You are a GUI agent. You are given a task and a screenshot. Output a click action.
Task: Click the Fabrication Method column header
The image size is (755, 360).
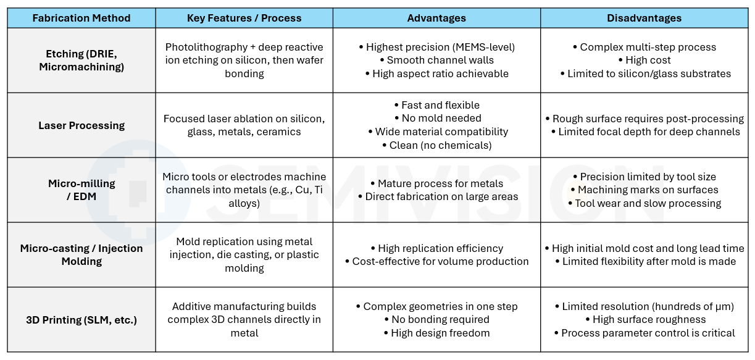coord(81,18)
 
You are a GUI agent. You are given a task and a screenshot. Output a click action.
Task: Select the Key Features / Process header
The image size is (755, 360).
coord(244,18)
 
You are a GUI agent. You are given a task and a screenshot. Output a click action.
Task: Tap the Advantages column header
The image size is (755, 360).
coord(436,18)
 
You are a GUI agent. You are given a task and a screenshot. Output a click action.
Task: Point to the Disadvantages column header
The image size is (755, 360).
coord(644,18)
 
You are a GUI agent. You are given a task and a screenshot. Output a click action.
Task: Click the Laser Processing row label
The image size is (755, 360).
coord(81,125)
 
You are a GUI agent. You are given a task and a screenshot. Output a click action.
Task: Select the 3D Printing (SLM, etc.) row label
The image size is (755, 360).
coord(81,320)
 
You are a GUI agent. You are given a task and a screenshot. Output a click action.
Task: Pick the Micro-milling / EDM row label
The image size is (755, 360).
coord(81,190)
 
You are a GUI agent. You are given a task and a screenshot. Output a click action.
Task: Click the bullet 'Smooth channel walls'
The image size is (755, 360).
coord(437,60)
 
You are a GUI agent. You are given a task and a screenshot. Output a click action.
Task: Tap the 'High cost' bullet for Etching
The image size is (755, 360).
coord(644,60)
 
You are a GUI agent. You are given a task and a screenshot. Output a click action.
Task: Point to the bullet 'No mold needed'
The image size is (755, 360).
coord(438,118)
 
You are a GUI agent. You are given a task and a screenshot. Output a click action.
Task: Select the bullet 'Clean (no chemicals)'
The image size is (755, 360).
coord(437,145)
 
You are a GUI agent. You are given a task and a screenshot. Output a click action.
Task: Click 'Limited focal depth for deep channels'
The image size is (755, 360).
coord(646,132)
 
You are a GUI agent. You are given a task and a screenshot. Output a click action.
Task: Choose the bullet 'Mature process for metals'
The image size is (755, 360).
coord(437,183)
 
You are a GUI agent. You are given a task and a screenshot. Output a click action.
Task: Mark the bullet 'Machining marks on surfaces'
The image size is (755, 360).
coord(644,190)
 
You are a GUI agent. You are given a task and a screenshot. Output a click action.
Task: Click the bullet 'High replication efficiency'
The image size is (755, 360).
coord(437,248)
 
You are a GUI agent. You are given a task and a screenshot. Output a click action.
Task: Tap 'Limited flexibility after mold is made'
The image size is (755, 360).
coord(646,261)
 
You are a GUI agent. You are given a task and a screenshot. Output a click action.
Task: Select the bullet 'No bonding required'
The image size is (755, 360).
coord(437,319)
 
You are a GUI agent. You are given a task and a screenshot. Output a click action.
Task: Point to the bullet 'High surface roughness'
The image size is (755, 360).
coord(646,319)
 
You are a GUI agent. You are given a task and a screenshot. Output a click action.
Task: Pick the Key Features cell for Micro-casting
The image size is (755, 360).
coord(244,255)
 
